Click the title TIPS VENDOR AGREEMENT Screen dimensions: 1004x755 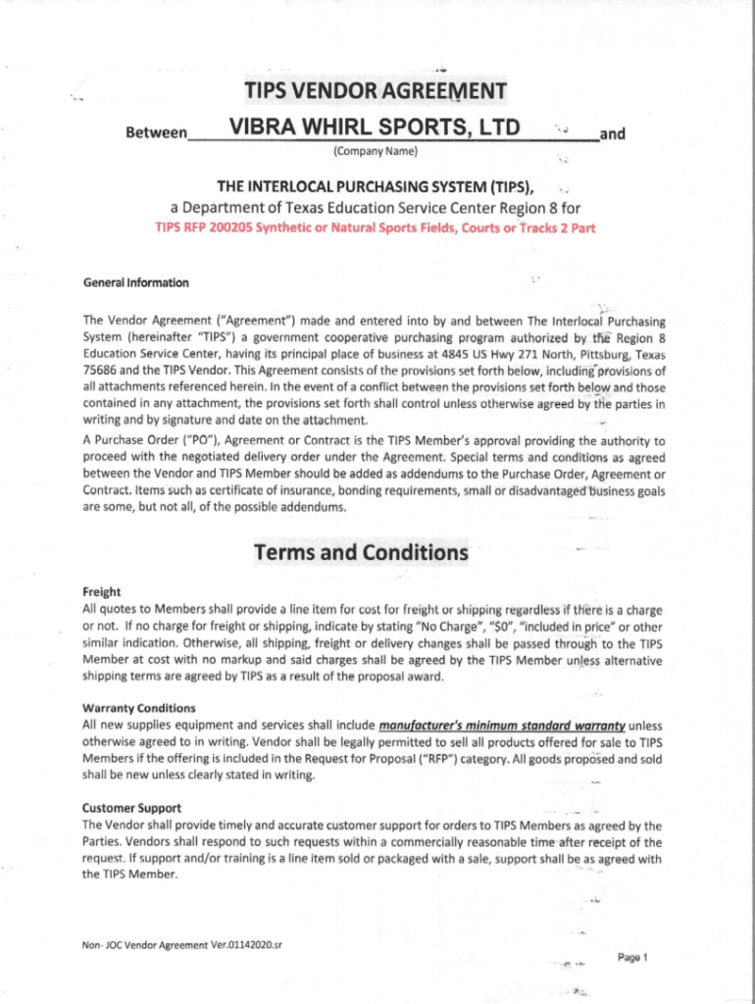point(376,92)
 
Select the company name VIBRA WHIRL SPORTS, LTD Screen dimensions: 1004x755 point(375,127)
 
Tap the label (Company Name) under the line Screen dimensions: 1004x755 point(376,151)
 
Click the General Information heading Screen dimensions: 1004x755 point(135,283)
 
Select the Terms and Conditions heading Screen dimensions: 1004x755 point(361,553)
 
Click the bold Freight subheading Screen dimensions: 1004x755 point(102,592)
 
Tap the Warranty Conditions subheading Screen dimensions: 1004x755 point(139,708)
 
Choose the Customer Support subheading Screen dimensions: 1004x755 point(131,808)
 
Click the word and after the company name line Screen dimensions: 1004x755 point(612,133)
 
